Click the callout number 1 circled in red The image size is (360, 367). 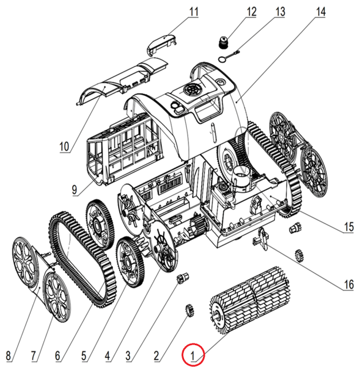click(x=194, y=354)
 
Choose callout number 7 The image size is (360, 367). click(x=33, y=354)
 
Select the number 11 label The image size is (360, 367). click(x=193, y=11)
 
